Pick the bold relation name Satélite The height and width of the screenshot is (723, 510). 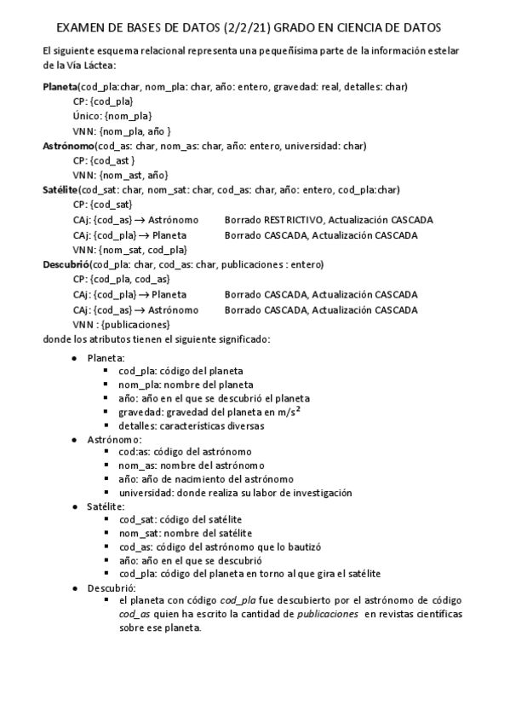tap(60, 189)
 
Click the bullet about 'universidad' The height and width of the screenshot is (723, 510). tap(235, 493)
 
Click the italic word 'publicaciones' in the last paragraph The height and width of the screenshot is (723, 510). tap(326, 614)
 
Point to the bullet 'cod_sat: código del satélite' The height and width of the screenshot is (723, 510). tap(181, 519)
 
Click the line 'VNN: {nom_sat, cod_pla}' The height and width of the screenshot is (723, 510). tap(129, 250)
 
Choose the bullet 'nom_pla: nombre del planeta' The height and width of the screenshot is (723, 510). tap(180, 385)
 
